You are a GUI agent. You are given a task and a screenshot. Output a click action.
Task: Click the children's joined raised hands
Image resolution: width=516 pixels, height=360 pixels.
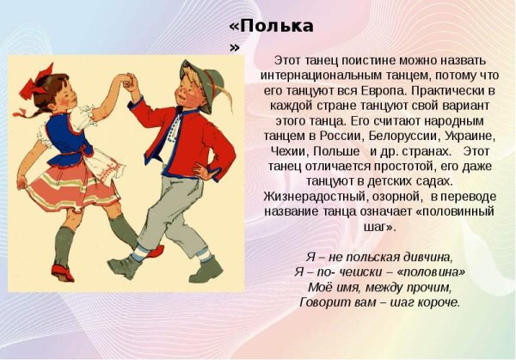(x=131, y=82)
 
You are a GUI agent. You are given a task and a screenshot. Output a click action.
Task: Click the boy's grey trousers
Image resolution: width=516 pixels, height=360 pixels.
(x=176, y=215)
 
